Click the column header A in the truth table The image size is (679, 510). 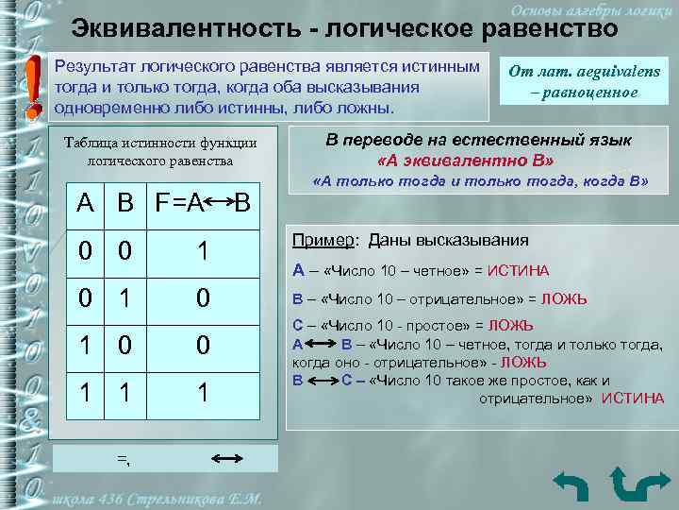85,202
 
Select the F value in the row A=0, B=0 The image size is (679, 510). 202,251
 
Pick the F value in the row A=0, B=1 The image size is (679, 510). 202,298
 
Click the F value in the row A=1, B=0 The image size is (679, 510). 202,345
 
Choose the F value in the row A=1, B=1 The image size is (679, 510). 202,391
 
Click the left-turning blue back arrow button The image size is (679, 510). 570,483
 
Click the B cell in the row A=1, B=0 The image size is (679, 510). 124,345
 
